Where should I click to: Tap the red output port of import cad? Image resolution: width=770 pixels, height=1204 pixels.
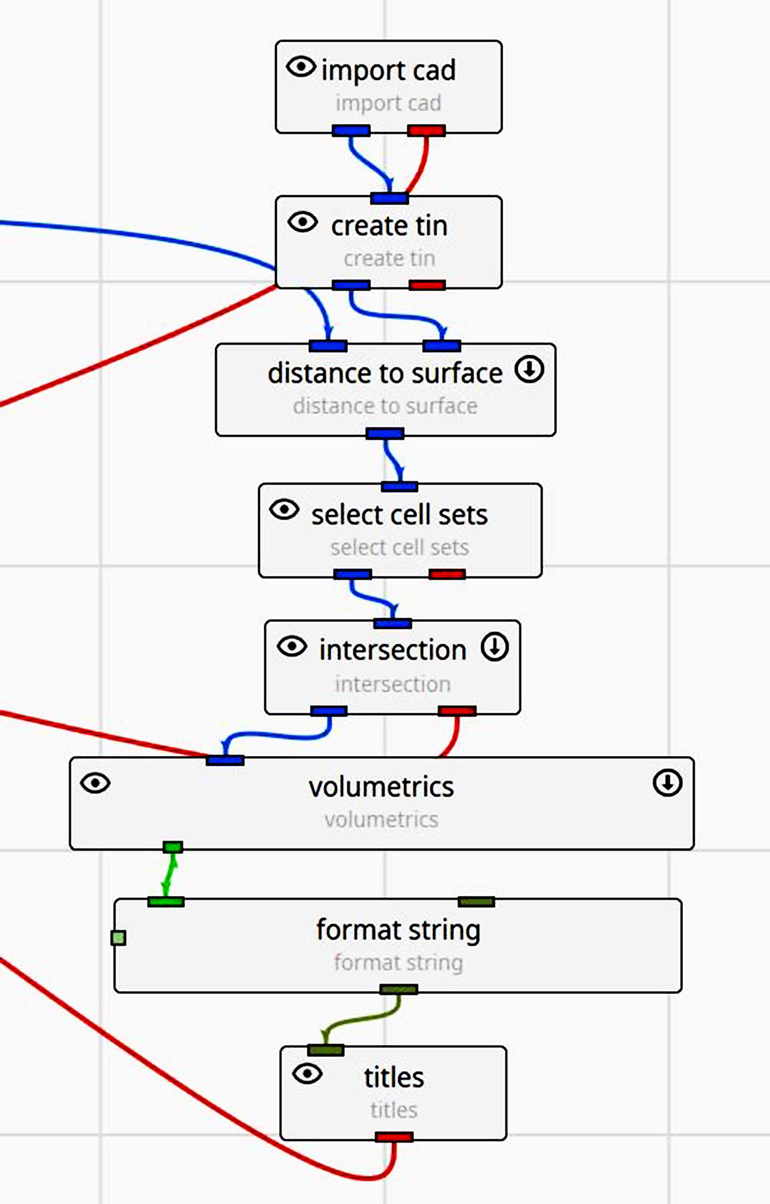pos(427,131)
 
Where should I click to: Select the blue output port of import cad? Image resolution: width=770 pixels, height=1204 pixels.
pos(351,131)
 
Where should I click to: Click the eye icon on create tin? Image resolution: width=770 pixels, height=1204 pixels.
pos(302,221)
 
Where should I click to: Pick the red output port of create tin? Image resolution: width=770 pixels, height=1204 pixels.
pos(427,285)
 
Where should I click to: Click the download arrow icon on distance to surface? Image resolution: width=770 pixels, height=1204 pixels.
pos(529,370)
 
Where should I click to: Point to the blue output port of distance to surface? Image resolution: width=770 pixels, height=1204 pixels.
pos(384,434)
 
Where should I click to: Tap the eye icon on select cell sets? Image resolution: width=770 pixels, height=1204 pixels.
pos(284,510)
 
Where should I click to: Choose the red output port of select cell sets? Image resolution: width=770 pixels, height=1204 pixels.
pos(447,574)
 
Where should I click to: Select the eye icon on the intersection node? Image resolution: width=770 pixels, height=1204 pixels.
pos(292,646)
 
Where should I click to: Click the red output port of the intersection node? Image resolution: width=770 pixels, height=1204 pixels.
pos(457,711)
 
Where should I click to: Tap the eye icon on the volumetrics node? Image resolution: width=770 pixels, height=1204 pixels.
pos(95,783)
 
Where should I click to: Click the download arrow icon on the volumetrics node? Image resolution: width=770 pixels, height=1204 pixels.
pos(667,783)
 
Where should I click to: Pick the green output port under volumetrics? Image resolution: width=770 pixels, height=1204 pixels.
pos(173,847)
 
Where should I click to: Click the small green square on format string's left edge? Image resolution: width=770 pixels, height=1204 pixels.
pos(118,938)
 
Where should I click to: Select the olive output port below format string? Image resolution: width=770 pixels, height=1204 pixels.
pos(399,989)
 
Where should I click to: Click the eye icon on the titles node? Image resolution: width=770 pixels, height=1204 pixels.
pos(307,1073)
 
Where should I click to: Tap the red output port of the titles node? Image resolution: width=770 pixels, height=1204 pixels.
pos(394,1137)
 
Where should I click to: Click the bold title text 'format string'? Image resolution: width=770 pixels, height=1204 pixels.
pos(399,930)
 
